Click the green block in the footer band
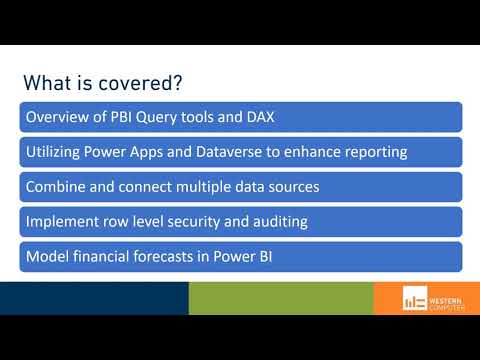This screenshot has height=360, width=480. pos(280,298)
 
